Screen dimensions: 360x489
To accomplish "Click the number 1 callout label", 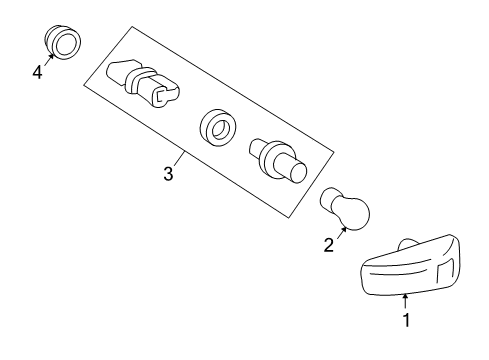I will [405, 321].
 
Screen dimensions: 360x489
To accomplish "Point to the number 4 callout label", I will [37, 73].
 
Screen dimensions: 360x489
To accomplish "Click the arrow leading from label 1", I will [405, 301].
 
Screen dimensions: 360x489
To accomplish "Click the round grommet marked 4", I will [64, 42].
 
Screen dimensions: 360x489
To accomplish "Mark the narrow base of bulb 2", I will [329, 199].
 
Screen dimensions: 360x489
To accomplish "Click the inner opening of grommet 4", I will [68, 42].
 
